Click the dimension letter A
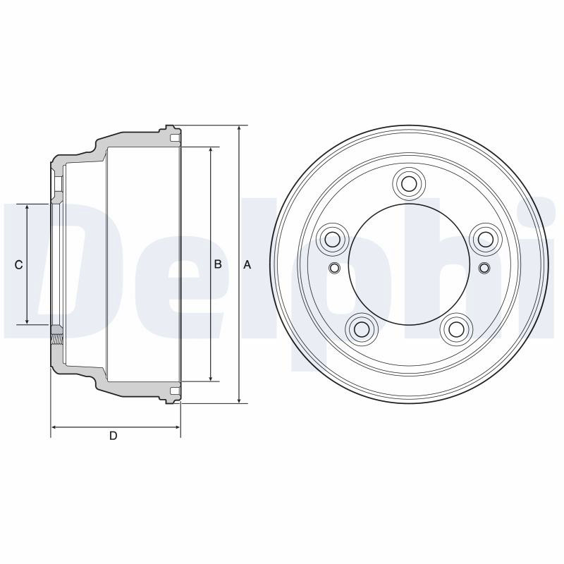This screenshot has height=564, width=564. [x=247, y=265]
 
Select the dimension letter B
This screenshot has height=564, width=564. [x=218, y=264]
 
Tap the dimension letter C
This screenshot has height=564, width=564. [x=19, y=265]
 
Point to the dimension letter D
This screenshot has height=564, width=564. [x=114, y=436]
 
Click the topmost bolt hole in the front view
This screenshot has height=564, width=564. [x=409, y=184]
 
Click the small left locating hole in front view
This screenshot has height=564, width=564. [x=335, y=268]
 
